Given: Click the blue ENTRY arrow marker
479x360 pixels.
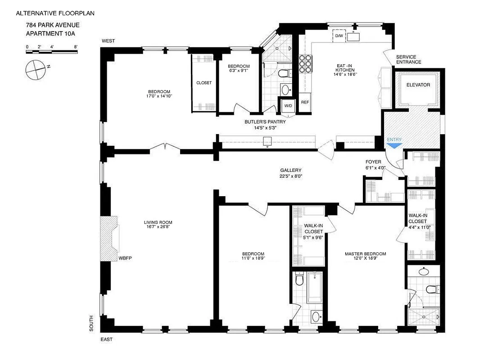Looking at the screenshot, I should pos(394,145).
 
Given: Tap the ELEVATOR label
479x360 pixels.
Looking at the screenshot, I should pos(418,85).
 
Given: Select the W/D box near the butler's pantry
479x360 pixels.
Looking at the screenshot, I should pos(287,106).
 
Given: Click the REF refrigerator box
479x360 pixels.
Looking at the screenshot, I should pos(305,102).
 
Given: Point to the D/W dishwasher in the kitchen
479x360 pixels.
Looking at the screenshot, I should pos(339,36).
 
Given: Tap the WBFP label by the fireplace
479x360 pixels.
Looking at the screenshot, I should pos(124,258).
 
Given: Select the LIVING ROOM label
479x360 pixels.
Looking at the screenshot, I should pos(158,222).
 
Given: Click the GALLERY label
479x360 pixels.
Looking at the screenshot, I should pos(290,170).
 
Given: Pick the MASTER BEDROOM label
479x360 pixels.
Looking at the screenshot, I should pos(365,254).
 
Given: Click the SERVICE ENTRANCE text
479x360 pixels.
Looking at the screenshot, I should pos(409,59).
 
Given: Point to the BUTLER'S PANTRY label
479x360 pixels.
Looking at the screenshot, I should pos(265,121).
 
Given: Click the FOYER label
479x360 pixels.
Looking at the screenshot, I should pos(373,162).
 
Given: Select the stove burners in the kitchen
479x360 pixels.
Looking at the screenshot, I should pos(305,64).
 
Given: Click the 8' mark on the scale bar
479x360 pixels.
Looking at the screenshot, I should pos(76,47).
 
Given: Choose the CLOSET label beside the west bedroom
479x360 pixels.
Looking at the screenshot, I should pos(204,83).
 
